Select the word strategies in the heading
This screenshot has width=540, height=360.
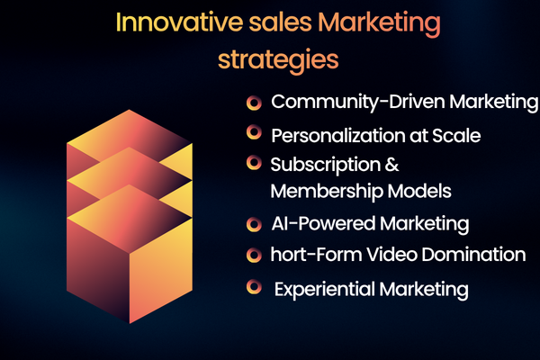(279, 60)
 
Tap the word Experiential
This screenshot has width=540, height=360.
(323, 289)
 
